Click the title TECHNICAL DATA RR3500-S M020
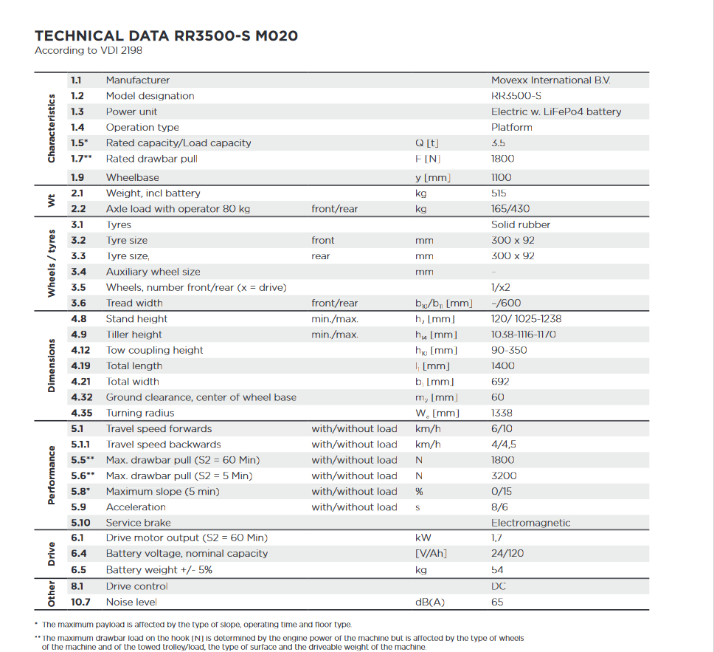[167, 36]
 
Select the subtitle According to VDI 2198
[89, 51]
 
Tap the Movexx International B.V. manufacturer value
[550, 80]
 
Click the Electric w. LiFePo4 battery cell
[556, 111]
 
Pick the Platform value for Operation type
[511, 127]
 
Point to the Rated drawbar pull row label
[152, 159]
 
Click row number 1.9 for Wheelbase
[77, 177]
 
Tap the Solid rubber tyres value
[521, 224]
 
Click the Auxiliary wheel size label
[153, 272]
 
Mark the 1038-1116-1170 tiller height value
[524, 334]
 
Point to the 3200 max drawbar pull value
[504, 476]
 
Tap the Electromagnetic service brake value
[530, 523]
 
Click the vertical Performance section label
[51, 475]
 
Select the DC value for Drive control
[498, 586]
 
